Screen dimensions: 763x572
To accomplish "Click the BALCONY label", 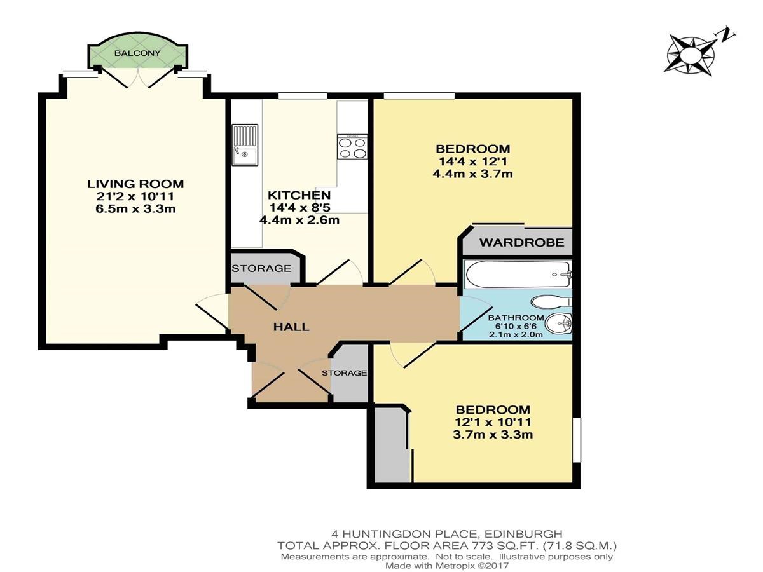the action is coord(137,53).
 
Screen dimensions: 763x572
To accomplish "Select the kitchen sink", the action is coord(245,144).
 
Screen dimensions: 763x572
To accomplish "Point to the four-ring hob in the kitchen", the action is coord(352,147).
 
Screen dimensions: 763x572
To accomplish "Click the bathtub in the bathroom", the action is coord(518,274).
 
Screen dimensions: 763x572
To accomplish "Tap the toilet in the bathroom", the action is coord(552,302).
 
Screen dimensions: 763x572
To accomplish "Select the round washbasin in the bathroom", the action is coord(558,323).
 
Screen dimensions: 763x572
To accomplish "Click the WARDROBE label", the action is coord(521,242).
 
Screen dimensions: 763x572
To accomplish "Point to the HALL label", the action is coord(291,327).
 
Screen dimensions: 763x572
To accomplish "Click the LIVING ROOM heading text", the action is coord(135,184).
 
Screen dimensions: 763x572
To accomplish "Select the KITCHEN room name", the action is coord(299,195).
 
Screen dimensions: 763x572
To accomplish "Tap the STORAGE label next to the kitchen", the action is coord(261,268).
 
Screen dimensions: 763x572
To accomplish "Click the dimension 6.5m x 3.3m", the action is coord(135,209).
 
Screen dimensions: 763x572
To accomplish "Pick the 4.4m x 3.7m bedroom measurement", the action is coord(473,174).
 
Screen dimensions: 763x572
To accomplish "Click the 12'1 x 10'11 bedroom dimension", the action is coord(493,422).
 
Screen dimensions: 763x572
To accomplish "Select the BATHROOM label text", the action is coord(516,317).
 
